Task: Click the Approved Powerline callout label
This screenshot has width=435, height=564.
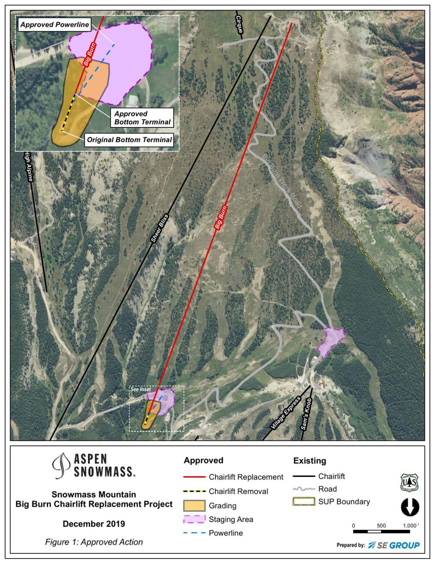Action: (x=55, y=25)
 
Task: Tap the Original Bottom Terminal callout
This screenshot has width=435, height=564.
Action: (x=128, y=140)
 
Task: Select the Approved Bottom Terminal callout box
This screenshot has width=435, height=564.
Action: (x=142, y=118)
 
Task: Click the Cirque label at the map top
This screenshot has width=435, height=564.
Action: (x=239, y=24)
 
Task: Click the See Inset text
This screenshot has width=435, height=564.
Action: (x=141, y=389)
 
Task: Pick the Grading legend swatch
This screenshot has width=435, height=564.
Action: (x=195, y=506)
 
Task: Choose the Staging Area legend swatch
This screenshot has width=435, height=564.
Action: (x=195, y=519)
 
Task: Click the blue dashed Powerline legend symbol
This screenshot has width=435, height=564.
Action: (x=195, y=533)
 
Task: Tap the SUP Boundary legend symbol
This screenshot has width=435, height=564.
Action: (x=303, y=502)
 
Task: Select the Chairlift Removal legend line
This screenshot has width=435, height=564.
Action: (x=195, y=491)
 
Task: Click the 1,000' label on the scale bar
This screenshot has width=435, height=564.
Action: (x=410, y=526)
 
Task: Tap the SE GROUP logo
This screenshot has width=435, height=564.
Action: (x=394, y=545)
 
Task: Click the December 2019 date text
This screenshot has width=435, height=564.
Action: (x=94, y=524)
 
